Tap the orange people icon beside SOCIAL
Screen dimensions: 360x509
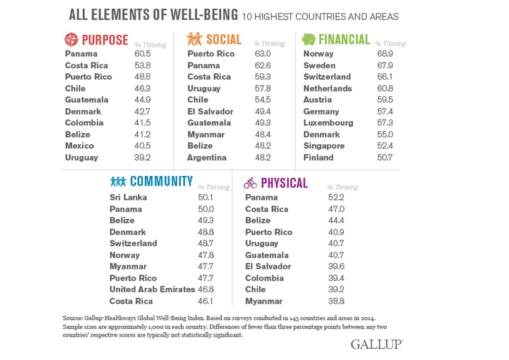coord(193,39)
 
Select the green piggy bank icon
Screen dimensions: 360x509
coord(309,39)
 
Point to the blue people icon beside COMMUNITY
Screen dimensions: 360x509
coord(118,182)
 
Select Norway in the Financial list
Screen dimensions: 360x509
coord(318,54)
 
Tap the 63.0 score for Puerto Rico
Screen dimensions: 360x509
coord(263,54)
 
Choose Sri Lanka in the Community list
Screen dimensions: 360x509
coord(128,197)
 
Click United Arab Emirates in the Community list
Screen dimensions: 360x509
coord(152,290)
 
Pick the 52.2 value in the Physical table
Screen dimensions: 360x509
coord(337,197)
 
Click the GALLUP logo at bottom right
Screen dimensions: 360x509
coord(376,344)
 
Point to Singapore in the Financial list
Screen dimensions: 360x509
coord(324,146)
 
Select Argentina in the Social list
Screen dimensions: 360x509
coord(207,158)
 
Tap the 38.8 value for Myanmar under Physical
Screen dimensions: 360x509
coord(337,301)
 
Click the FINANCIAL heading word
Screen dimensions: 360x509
coord(345,39)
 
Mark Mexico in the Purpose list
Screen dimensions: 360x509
coord(80,146)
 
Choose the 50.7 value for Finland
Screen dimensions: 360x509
coord(384,158)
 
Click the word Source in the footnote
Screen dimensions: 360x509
coord(73,317)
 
